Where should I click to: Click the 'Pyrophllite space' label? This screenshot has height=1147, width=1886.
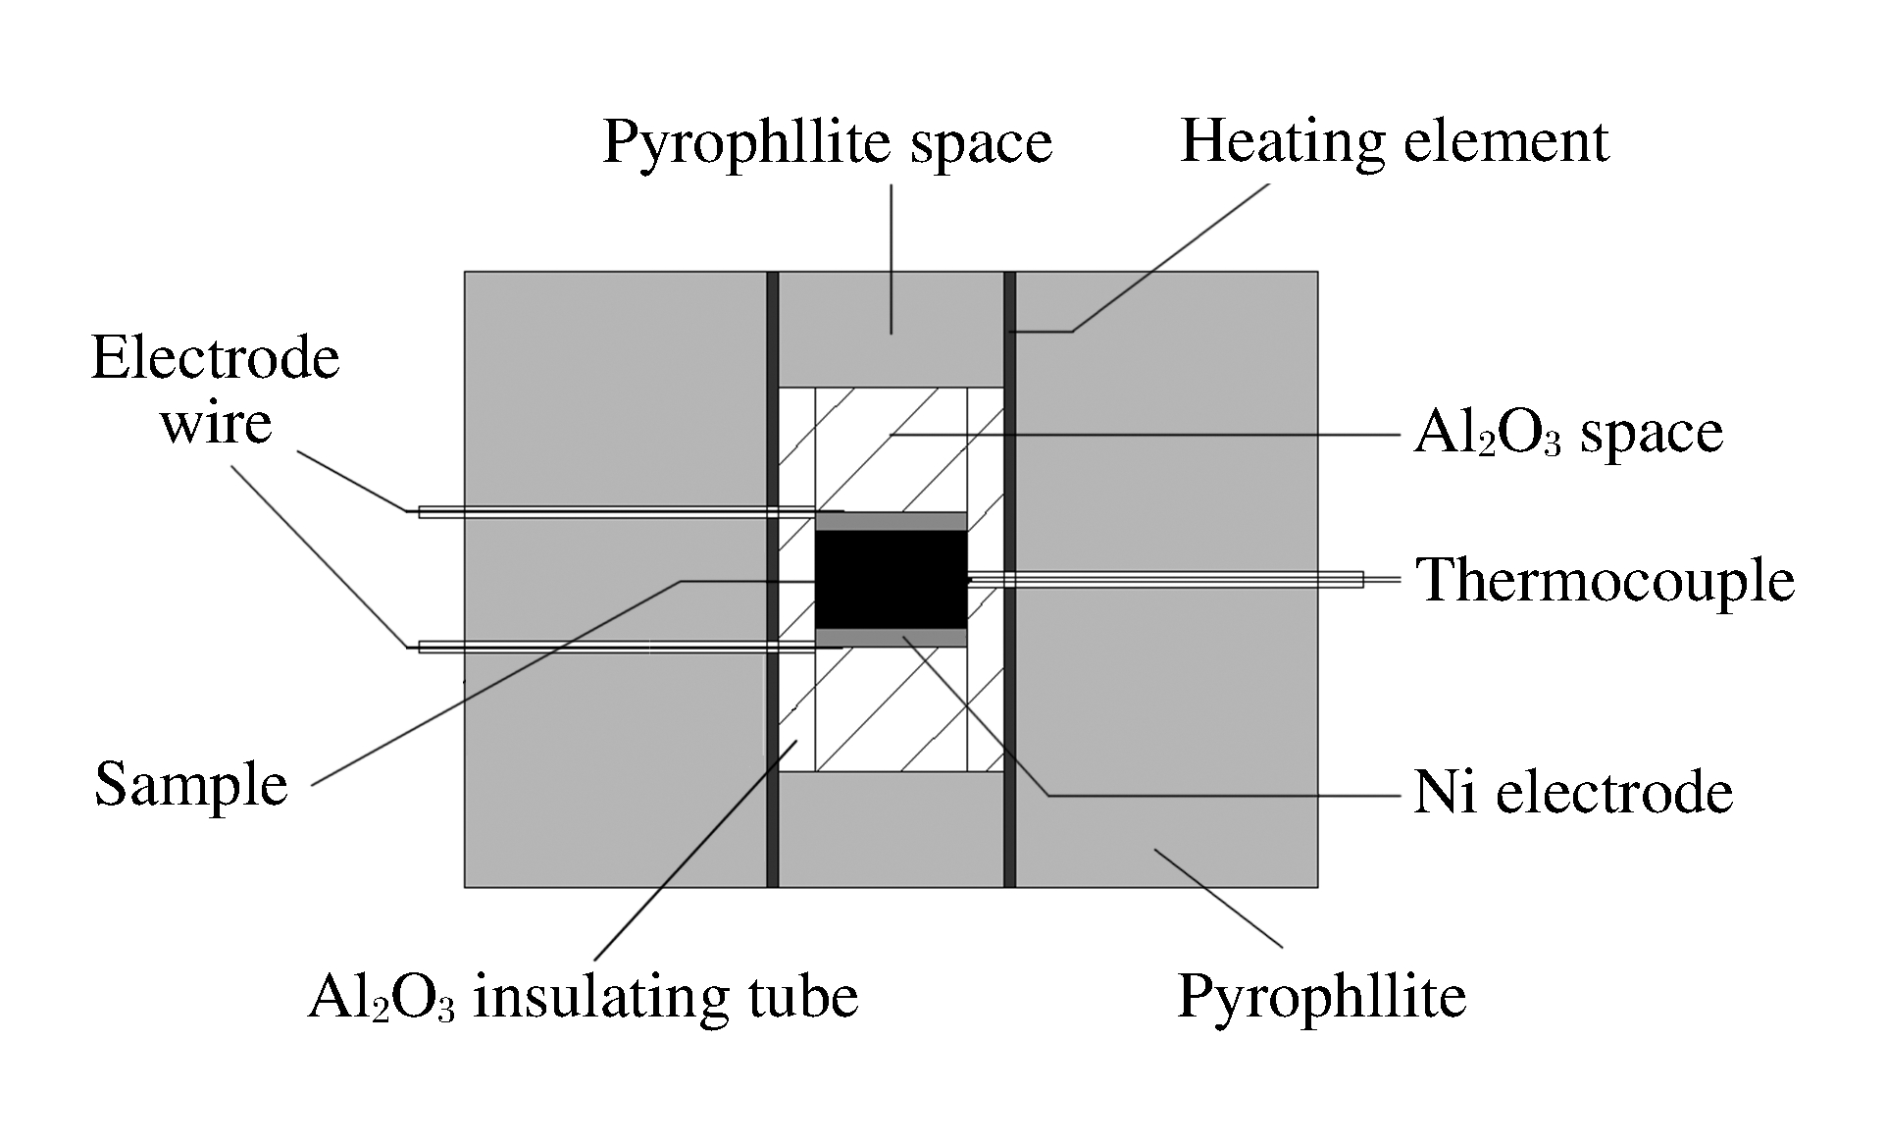[x=827, y=143]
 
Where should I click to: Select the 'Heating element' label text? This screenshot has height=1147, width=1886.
[x=1394, y=141]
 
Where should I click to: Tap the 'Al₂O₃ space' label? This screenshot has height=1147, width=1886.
[x=1567, y=434]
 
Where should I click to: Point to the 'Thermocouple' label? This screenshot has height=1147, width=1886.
[x=1605, y=580]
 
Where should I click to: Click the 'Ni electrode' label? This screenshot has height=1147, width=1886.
[x=1572, y=792]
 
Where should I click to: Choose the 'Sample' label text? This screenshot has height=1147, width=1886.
[x=191, y=785]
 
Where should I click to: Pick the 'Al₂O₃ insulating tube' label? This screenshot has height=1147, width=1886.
[x=583, y=997]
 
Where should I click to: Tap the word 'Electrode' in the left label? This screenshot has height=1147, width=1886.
[x=216, y=358]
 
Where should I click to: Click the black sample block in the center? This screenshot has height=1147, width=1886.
[x=891, y=579]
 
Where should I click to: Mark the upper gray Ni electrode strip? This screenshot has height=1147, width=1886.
[x=891, y=521]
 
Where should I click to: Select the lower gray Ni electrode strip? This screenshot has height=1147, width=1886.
[x=891, y=638]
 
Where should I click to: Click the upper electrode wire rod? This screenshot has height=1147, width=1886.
[x=608, y=511]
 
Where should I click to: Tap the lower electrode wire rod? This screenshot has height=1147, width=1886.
[x=608, y=647]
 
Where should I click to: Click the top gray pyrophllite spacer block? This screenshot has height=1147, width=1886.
[x=891, y=329]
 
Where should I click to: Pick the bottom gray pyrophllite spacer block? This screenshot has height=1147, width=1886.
[x=891, y=829]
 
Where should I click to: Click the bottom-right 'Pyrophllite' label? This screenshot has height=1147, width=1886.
[x=1321, y=997]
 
